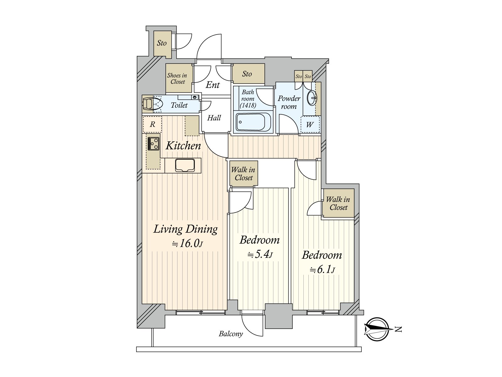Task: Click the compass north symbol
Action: pyautogui.click(x=378, y=329)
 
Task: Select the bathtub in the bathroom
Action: pyautogui.click(x=253, y=122)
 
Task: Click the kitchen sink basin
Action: pyautogui.click(x=185, y=165)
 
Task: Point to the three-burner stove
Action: pyautogui.click(x=153, y=144)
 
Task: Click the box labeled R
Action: pyautogui.click(x=152, y=124)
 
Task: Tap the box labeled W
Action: pyautogui.click(x=310, y=124)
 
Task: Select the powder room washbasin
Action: pyautogui.click(x=312, y=98)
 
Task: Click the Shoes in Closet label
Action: pyautogui.click(x=177, y=79)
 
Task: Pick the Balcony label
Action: pyautogui.click(x=231, y=334)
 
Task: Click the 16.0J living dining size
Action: pyautogui.click(x=188, y=243)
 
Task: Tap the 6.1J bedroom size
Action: pyautogui.click(x=322, y=270)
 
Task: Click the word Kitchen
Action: pyautogui.click(x=183, y=145)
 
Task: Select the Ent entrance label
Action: pyautogui.click(x=213, y=85)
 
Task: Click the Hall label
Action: pyautogui.click(x=214, y=118)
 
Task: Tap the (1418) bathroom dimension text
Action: pyautogui.click(x=248, y=106)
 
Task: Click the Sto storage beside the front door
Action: pyautogui.click(x=162, y=43)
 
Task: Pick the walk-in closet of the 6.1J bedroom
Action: pyautogui.click(x=338, y=203)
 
